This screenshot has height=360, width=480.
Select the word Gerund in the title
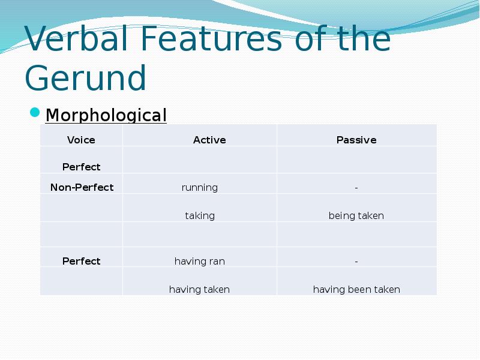[86, 78]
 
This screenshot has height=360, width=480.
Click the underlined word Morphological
[106, 115]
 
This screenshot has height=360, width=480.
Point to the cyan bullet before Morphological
[35, 113]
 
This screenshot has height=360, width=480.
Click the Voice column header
[81, 140]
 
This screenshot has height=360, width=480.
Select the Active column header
[209, 140]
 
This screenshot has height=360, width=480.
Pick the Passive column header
[356, 140]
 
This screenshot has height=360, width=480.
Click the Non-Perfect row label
[82, 187]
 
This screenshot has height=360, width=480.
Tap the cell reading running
[200, 187]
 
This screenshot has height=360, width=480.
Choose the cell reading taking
[200, 215]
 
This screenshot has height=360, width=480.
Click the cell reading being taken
[356, 215]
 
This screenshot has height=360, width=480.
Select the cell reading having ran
[200, 261]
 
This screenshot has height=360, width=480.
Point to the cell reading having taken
[199, 289]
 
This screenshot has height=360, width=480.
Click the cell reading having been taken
[356, 289]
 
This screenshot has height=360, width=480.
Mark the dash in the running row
[356, 187]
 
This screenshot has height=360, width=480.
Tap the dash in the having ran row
[356, 261]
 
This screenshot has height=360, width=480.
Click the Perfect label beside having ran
[82, 261]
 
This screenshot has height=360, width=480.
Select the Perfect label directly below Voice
[82, 167]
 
